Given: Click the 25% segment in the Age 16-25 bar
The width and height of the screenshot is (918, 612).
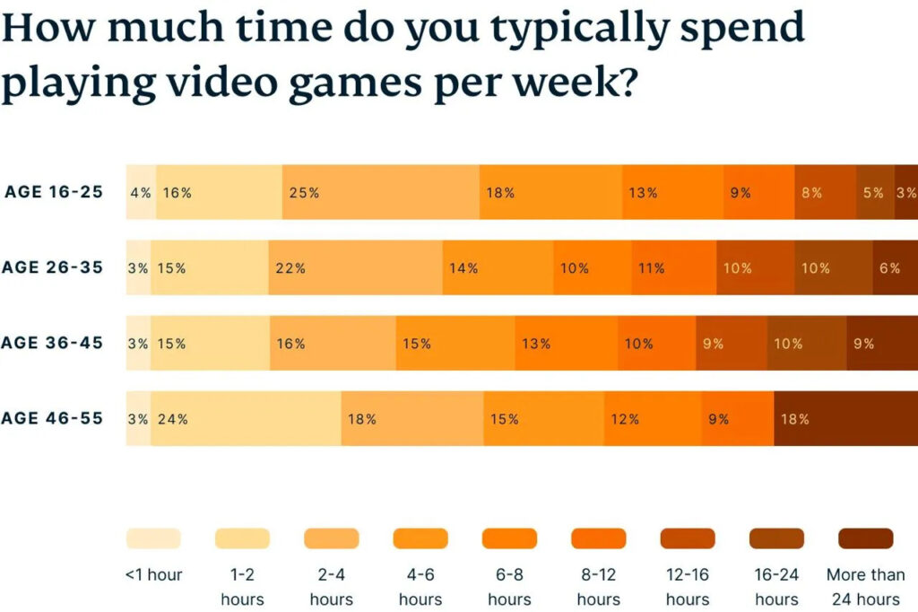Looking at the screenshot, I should (x=381, y=192).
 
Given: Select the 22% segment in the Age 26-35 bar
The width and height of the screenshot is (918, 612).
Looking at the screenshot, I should (x=355, y=267).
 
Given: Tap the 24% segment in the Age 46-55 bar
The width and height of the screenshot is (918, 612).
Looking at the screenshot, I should (x=246, y=418).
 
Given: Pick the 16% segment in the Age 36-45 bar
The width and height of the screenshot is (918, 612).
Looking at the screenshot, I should (x=333, y=343).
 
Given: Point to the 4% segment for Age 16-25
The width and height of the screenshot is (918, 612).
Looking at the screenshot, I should (x=141, y=192).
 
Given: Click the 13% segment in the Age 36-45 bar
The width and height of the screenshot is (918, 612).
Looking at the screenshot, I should (x=565, y=343).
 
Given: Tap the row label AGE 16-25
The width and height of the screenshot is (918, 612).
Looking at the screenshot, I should (x=54, y=192).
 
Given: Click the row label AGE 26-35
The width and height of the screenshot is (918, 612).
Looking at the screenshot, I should (x=52, y=267).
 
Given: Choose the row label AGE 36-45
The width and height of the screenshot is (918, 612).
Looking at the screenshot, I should (x=52, y=343).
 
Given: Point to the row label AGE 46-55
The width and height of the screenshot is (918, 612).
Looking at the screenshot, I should (x=52, y=418).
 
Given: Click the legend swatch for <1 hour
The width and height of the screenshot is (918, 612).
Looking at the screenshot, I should (x=153, y=538).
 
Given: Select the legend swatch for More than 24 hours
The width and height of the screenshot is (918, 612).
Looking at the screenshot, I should (x=865, y=538).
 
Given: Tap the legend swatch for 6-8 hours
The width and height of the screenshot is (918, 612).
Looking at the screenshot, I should (x=509, y=538).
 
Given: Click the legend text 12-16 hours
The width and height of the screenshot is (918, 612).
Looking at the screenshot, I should (x=688, y=587).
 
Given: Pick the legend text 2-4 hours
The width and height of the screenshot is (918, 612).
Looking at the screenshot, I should (x=332, y=587).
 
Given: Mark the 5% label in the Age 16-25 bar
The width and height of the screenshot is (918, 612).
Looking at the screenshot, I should (x=873, y=193).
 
